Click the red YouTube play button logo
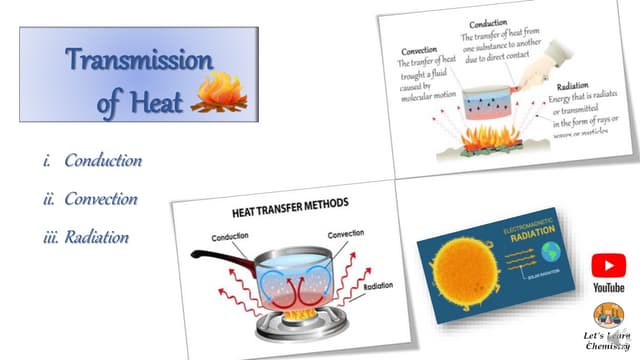[608, 265]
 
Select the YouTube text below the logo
[608, 287]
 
